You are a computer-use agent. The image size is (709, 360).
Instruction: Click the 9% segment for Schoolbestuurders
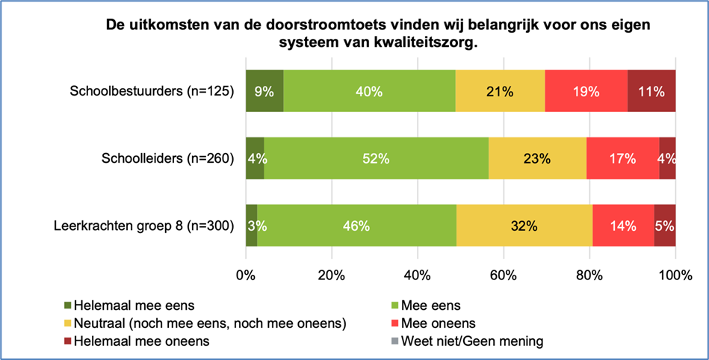tap(264, 91)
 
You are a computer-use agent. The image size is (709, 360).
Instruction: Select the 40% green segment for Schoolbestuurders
tap(369, 91)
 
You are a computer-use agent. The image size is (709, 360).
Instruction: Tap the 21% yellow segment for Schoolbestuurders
tap(500, 91)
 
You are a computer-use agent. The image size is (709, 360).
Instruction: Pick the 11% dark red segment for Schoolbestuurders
tap(651, 91)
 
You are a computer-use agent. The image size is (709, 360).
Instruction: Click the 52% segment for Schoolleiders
tap(377, 158)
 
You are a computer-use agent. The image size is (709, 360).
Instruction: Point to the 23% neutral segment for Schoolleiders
tap(537, 158)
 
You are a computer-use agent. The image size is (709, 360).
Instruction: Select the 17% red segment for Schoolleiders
tap(622, 158)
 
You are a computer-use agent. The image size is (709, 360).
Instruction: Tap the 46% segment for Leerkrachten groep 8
tap(356, 225)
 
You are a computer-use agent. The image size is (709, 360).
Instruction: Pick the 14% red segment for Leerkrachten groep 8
tap(623, 225)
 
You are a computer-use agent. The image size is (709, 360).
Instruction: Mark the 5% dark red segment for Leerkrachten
tap(665, 225)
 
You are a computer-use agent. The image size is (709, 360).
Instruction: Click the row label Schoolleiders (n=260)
tap(168, 158)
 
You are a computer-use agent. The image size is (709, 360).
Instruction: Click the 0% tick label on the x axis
tap(246, 275)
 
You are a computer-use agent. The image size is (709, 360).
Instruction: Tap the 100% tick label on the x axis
tap(675, 275)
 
